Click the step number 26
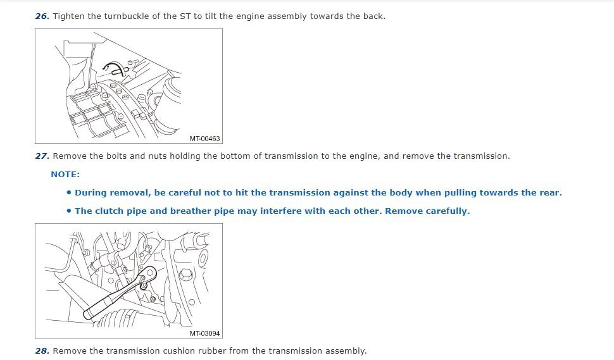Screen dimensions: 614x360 click(42, 16)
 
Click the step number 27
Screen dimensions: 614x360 click(42, 156)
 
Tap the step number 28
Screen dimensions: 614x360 click(42, 351)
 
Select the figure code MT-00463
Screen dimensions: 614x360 click(204, 139)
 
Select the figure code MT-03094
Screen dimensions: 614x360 click(204, 333)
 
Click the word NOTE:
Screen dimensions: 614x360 click(65, 175)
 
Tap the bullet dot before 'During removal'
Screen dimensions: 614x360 click(69, 192)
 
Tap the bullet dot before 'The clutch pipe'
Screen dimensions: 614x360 click(69, 211)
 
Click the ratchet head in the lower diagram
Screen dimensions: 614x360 click(148, 275)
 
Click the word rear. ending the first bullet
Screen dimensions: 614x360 click(551, 193)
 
